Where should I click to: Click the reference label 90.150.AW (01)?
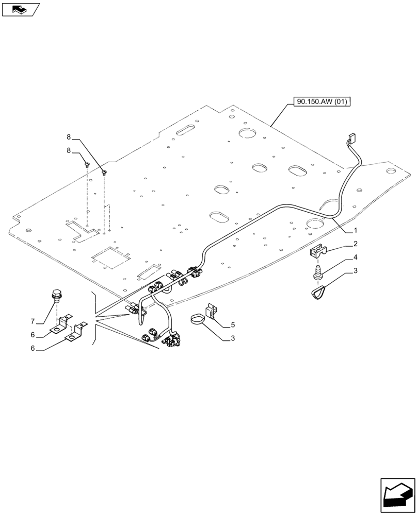(x=322, y=102)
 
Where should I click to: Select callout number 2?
(x=356, y=243)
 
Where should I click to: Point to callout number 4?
(x=356, y=256)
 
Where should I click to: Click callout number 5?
(x=233, y=324)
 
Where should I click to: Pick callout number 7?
(x=33, y=321)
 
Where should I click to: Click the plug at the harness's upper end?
(x=352, y=139)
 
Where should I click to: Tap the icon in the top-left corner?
(x=21, y=9)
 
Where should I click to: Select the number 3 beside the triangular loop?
(x=356, y=270)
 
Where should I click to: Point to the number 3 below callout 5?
(x=233, y=338)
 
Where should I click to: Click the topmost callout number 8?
(x=69, y=137)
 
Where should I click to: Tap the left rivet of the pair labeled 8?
(x=87, y=165)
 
